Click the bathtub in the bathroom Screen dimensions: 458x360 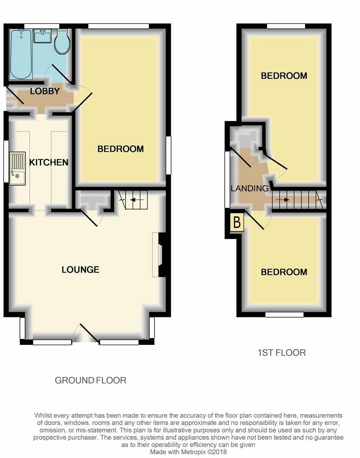tap(21, 54)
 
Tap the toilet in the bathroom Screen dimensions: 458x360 tap(62, 42)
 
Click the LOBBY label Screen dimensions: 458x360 tap(45, 91)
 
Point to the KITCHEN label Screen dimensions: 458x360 tap(48, 162)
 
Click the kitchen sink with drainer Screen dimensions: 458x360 tap(17, 168)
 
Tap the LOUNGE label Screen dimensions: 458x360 tap(80, 270)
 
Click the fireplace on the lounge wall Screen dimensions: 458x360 tap(161, 254)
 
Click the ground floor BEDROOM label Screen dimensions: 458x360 tap(120, 149)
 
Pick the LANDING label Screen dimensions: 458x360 tap(249, 188)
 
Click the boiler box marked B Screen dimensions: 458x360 tap(237, 223)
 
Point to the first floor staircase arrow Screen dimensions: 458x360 tap(282, 199)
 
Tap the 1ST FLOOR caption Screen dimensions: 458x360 tap(281, 352)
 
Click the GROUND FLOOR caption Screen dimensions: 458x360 tap(90, 380)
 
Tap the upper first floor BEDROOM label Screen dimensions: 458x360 tap(284, 76)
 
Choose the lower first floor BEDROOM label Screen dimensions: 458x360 tap(284, 272)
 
